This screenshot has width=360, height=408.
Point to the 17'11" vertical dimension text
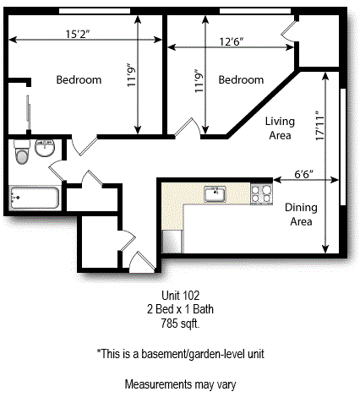pos(319,130)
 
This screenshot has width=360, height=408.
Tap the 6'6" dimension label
pos(303,173)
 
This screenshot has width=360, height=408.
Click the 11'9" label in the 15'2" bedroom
pos(132,77)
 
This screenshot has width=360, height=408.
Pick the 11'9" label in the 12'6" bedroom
pos(199,84)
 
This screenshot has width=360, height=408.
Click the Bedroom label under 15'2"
pos(79,80)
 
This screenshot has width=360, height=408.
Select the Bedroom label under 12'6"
pos(241,80)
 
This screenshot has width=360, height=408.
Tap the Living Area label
pos(278,128)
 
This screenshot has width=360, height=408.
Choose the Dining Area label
pos(300,215)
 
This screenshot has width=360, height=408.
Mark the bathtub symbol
pos(33,199)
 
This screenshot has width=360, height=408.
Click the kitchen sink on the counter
pos(216,194)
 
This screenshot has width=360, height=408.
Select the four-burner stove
pos(262,193)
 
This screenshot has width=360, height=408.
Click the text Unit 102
pos(179,296)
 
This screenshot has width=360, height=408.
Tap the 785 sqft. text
pos(179,324)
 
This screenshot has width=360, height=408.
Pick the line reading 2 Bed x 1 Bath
pos(179,310)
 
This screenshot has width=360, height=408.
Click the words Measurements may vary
pos(179,384)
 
